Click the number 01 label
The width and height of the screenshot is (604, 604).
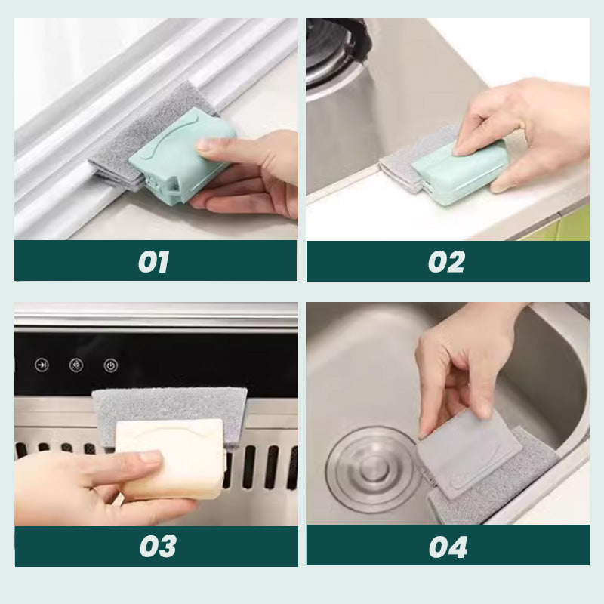(153, 262)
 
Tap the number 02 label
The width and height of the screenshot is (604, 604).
(446, 262)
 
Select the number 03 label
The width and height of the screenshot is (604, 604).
(158, 546)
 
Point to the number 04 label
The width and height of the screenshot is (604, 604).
(448, 547)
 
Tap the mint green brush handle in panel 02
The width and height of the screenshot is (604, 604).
(458, 171)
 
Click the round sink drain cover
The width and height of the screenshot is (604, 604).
(371, 469)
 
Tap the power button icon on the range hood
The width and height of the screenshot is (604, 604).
(110, 365)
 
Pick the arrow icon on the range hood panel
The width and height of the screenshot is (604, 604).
(42, 365)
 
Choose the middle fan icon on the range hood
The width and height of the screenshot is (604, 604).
(76, 365)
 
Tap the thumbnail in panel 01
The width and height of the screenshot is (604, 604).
(207, 145)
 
